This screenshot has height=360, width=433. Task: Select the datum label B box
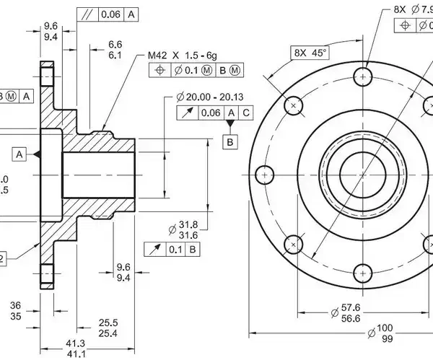click(230, 141)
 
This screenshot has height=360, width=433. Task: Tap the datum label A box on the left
click(19, 154)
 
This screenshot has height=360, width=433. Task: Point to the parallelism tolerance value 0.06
click(111, 14)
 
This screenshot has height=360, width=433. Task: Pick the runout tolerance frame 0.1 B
click(173, 250)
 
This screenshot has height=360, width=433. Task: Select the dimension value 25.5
click(108, 322)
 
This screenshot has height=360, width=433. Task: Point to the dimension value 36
click(15, 304)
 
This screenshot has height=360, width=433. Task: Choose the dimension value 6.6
click(114, 45)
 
